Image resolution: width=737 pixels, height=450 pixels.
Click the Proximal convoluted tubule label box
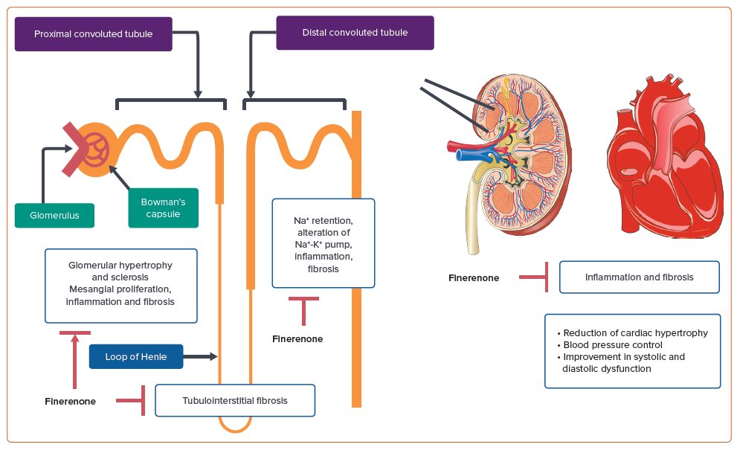pos(93,34)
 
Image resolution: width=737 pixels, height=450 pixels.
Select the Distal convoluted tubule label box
pos(355,33)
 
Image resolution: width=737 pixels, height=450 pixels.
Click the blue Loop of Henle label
pos(135,357)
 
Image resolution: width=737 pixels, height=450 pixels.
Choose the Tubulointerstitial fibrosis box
pos(234,400)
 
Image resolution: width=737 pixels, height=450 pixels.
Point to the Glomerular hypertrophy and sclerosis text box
pos(120,286)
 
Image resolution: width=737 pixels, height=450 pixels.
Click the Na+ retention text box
pos(323,242)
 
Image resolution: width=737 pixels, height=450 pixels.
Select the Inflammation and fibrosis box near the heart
pos(639,277)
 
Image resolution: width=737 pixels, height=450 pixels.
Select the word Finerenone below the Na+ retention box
pos(297,338)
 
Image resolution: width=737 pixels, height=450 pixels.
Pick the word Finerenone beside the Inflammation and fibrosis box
pos(474,278)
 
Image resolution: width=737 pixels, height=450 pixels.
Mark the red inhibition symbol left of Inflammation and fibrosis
pos(533,277)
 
